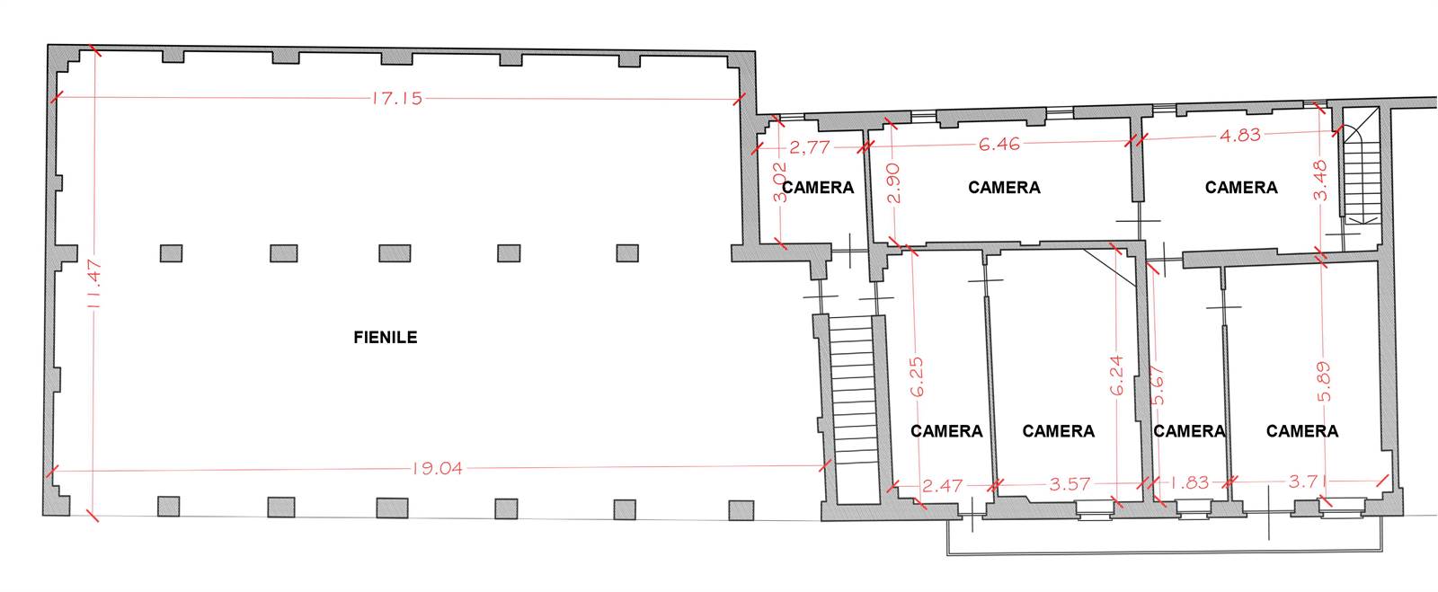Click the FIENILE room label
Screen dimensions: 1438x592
[x=386, y=338]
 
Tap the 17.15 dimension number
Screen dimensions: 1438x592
[x=396, y=98]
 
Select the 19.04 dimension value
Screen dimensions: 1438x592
[x=437, y=468]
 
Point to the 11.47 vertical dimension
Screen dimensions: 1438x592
[x=93, y=283]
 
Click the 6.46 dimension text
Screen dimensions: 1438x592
[x=999, y=144]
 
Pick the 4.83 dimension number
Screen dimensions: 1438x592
[x=1240, y=136]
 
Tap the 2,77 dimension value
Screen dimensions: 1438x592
[x=810, y=147]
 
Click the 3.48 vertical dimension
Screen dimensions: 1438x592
[x=1320, y=181]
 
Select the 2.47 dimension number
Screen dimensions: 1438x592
[x=942, y=485]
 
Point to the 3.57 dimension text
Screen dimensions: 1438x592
[x=1070, y=483]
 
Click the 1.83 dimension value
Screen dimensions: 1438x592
[x=1189, y=482]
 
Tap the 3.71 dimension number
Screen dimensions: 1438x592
[x=1309, y=481]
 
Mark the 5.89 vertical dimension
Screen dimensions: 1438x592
[x=1324, y=382]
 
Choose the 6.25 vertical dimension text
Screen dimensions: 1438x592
[x=917, y=376]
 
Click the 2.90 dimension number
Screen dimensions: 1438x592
[x=893, y=182]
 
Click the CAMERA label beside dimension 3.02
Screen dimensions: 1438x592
[x=818, y=187]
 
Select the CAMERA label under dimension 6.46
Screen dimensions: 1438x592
[x=1004, y=187]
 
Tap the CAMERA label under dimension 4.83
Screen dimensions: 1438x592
[x=1241, y=187]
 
